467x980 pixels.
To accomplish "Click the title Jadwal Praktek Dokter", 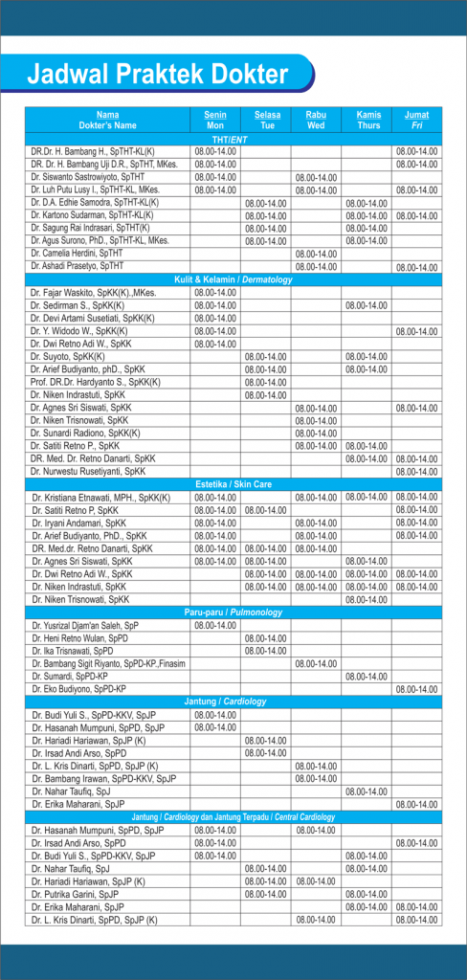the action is tap(157, 74).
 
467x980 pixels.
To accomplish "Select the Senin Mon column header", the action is tap(215, 120).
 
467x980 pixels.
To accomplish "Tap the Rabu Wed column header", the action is tap(316, 120).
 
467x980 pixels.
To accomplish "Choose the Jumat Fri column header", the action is tap(416, 120).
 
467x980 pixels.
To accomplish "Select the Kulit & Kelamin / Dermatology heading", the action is tap(233, 278).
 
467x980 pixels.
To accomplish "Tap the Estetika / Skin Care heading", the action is tap(233, 484).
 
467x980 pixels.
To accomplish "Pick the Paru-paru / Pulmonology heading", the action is tap(233, 612).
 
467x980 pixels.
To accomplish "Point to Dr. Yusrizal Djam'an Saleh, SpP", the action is tap(86, 625).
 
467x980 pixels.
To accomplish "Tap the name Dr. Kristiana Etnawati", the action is tap(100, 498).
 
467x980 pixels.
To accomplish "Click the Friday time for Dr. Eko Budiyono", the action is tap(416, 689).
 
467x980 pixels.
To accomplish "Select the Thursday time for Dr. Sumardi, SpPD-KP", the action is tap(367, 676).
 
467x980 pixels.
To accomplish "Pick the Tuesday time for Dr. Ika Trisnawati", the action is tap(266, 651).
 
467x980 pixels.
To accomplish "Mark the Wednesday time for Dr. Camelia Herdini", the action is tap(316, 254).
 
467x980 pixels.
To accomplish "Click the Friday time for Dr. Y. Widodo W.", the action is tap(416, 330).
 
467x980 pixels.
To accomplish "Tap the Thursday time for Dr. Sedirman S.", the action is tap(367, 305).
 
